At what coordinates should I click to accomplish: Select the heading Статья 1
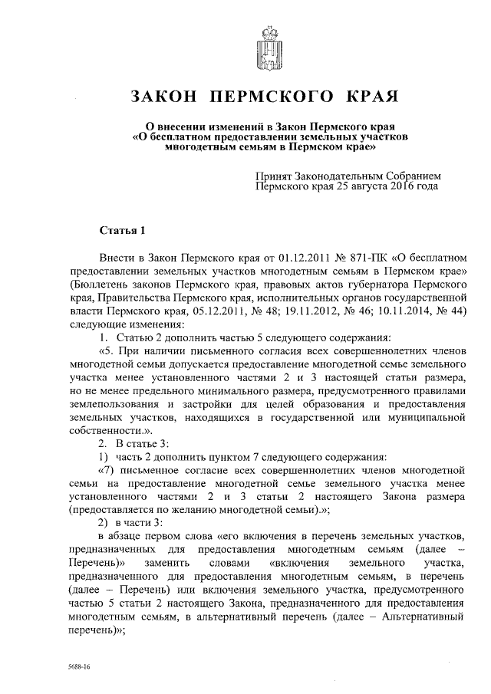click(x=122, y=230)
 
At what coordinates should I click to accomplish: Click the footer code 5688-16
click(x=78, y=668)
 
